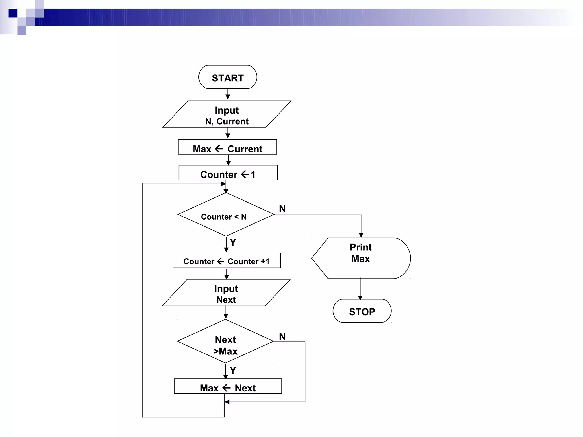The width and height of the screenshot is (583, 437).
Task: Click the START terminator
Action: point(228,77)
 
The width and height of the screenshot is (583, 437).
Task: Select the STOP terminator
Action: point(362,311)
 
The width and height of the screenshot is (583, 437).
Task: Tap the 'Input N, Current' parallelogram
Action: point(227,114)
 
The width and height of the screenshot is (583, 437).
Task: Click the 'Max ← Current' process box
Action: point(227,147)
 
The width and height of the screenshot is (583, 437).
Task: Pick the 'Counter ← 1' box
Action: point(228,173)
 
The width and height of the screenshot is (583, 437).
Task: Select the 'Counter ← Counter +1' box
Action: point(227,261)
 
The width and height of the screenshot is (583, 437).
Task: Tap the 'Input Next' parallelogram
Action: point(226,293)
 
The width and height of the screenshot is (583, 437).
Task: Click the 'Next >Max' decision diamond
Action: point(225,341)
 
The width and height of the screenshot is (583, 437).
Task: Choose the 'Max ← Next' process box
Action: point(228,386)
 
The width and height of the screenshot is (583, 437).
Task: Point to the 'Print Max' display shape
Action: point(361,258)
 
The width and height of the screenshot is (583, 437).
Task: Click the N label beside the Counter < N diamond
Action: point(282,208)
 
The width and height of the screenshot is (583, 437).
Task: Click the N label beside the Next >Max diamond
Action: point(282,336)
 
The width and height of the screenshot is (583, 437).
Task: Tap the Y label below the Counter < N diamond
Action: point(233,242)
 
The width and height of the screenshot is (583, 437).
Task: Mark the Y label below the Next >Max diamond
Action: point(233,370)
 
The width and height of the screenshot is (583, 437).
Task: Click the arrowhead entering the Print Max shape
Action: point(361,235)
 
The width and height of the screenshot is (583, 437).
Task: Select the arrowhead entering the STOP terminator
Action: point(360,298)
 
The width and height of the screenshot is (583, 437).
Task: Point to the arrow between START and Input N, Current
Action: point(228,94)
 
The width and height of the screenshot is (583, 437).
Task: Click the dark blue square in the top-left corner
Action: point(13,13)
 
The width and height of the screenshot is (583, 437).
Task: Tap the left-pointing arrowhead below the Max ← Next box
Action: point(227,402)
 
